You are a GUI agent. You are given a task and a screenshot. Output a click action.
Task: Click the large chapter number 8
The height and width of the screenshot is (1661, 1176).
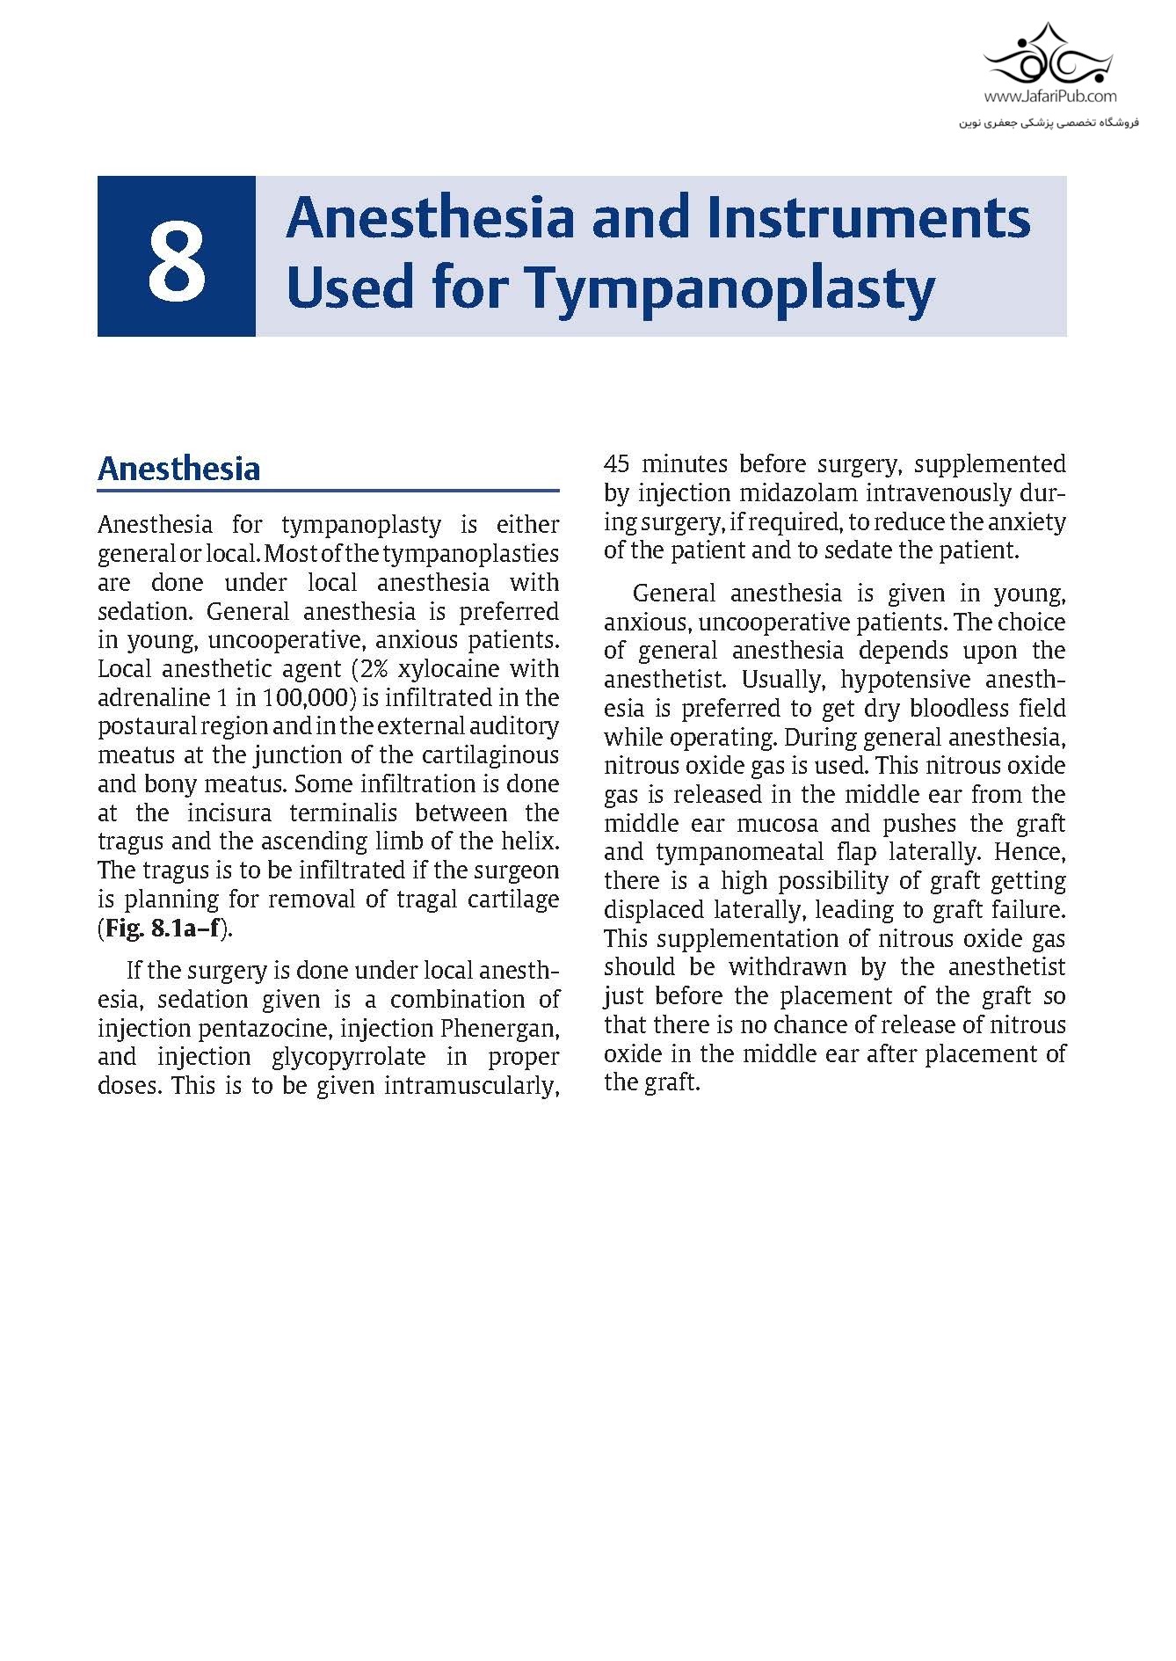point(177,259)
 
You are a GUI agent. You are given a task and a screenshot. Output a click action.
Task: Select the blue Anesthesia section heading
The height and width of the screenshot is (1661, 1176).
point(179,469)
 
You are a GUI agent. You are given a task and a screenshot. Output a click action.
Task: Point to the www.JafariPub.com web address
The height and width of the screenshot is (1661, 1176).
point(1049,97)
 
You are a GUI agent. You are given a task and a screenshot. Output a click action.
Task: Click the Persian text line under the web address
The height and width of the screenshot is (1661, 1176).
point(1049,121)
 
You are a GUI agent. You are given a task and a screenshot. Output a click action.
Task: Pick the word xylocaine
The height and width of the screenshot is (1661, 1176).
point(448,668)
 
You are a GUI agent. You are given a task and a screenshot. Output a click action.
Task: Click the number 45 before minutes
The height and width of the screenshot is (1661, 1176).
point(619,463)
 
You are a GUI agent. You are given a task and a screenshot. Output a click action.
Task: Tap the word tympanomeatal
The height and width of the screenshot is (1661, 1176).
point(738,852)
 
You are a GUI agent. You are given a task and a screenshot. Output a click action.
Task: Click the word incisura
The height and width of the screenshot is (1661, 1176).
point(229,812)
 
